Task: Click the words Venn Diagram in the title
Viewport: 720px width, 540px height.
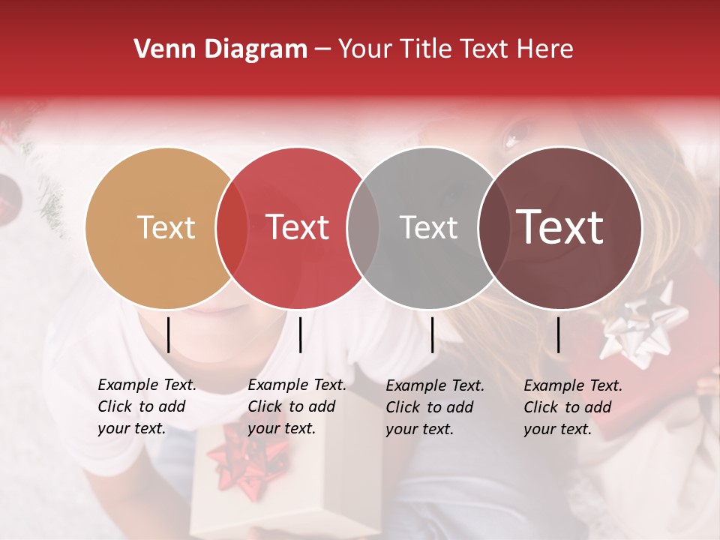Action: point(220,49)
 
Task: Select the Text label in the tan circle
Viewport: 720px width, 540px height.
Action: point(166,227)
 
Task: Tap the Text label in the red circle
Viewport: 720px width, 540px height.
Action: point(298,227)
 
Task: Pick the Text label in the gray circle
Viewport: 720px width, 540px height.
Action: point(428,227)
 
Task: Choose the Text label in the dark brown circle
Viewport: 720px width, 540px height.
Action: point(560,227)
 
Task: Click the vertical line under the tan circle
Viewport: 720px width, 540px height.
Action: point(169,334)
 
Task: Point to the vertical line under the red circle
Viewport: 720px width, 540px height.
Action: point(300,334)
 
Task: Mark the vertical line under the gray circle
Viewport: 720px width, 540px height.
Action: point(433,334)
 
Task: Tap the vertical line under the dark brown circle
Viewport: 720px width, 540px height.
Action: point(559,334)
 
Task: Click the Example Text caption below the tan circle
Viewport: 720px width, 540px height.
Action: point(147,406)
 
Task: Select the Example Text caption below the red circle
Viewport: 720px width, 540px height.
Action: point(297,406)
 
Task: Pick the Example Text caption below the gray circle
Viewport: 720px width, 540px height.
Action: point(435,407)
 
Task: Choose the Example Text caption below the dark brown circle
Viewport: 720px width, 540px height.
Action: point(573,407)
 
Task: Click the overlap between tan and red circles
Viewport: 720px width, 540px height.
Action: point(232,227)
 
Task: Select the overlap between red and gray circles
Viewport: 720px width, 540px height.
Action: point(363,227)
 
